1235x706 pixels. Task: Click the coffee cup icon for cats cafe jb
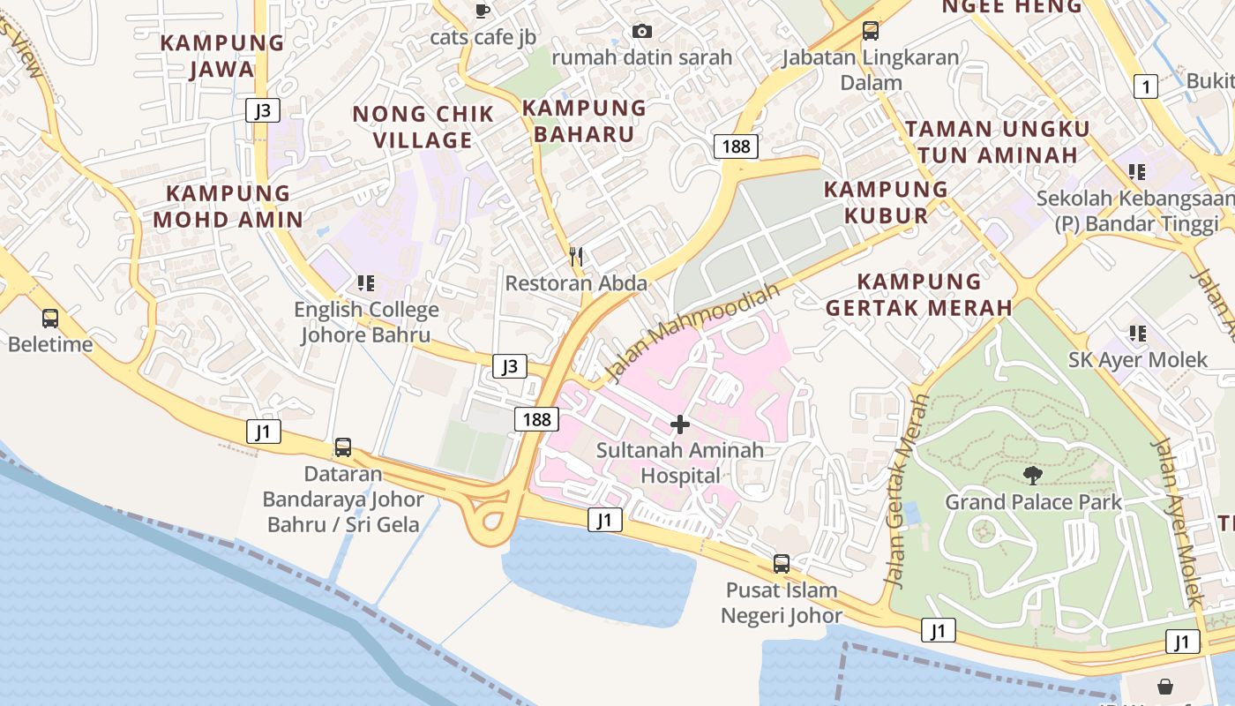[482, 11]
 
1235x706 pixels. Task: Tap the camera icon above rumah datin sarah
[642, 32]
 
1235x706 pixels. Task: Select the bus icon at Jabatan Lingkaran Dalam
[871, 31]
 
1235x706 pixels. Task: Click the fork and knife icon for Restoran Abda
[576, 257]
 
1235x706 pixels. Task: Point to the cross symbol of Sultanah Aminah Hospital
[679, 424]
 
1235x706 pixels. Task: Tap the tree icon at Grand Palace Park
[1033, 476]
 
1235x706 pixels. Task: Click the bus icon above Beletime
[50, 318]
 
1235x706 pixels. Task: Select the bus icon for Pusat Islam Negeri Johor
[782, 563]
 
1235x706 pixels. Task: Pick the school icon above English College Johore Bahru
[366, 283]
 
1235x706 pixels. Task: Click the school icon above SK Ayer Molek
[1138, 334]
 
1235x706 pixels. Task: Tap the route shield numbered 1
[1145, 86]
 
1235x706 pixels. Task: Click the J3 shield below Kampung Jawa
[263, 110]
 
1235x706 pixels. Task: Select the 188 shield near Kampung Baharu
[736, 146]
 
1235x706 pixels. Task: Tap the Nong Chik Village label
[423, 127]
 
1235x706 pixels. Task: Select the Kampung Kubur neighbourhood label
[886, 202]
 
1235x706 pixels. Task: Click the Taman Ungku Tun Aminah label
[997, 141]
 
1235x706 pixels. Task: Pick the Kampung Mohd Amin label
[228, 207]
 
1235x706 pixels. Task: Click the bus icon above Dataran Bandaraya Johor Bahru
[343, 447]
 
